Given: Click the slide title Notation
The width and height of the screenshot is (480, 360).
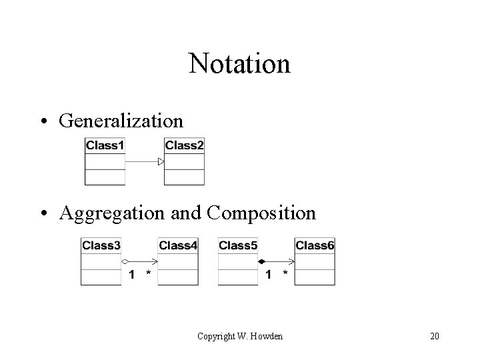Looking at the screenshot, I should coord(239,64).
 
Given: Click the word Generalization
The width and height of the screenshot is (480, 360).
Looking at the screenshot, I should coord(121,120).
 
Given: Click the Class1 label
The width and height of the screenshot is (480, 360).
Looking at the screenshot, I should coord(105,145).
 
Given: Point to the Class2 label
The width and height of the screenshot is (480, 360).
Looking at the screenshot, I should coord(184,145).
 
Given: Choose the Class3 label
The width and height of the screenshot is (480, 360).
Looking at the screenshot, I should coord(101,245).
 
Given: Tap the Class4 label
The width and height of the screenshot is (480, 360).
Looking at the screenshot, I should coord(178,245).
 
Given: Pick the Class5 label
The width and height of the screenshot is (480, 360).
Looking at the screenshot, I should coord(238,245).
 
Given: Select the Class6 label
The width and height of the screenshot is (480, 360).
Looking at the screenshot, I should coord(315,245).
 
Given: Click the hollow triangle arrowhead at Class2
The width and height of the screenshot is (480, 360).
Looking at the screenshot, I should coord(161,161).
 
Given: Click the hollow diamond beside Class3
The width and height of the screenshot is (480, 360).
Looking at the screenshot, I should coord(125,261).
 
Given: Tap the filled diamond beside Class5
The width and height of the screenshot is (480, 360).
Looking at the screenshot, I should coord(262,261).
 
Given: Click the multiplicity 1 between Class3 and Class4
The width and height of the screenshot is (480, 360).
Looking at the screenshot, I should coord(131,274).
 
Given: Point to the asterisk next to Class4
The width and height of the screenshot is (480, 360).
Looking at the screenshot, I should coord(148,273).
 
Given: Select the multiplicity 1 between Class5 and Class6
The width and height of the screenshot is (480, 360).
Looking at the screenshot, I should coord(269,274).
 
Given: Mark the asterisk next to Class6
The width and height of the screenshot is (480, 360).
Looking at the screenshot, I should coord(285,273).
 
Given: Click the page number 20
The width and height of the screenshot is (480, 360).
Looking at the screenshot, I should coord(435,336).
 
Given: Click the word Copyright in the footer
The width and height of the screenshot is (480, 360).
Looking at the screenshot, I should coord(217,336).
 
